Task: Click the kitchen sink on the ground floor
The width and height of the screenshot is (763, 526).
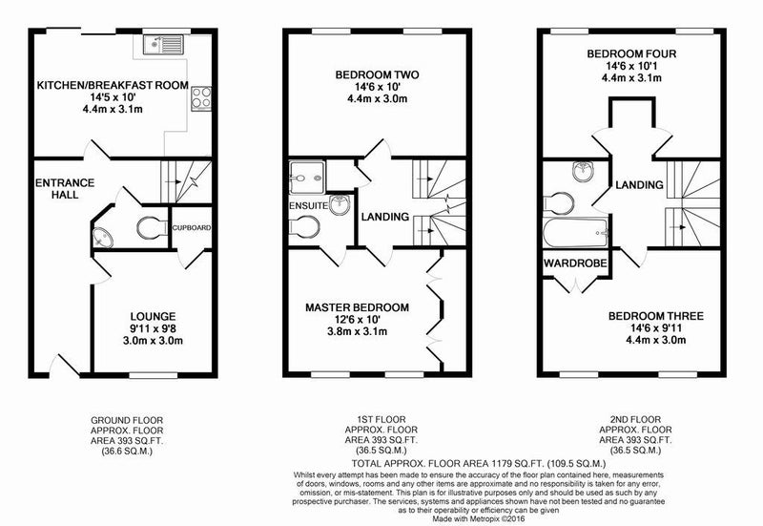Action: [163, 44]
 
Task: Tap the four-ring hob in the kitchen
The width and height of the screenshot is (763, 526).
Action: [201, 98]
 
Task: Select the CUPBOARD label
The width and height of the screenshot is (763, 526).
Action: [192, 227]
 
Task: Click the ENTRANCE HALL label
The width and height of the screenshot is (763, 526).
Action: [65, 188]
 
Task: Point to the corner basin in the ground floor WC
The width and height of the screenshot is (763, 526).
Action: [102, 238]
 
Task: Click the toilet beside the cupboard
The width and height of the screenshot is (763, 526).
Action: [152, 228]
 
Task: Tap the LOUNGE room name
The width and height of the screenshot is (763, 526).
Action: [153, 317]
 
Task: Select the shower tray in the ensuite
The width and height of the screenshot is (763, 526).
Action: [306, 177]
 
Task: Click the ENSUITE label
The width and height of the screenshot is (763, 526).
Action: [308, 205]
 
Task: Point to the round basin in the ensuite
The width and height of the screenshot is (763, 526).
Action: [340, 204]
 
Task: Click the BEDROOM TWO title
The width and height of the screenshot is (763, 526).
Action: [377, 75]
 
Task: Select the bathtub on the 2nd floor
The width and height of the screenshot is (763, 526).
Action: [576, 233]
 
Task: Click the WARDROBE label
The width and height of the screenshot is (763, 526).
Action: [576, 263]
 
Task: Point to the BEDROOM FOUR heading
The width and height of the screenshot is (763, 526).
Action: [631, 53]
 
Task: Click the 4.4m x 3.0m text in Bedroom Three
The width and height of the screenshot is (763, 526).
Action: [656, 340]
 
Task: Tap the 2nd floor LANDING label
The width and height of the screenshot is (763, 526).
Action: [639, 185]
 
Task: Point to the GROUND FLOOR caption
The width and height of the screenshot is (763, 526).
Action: [127, 420]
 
